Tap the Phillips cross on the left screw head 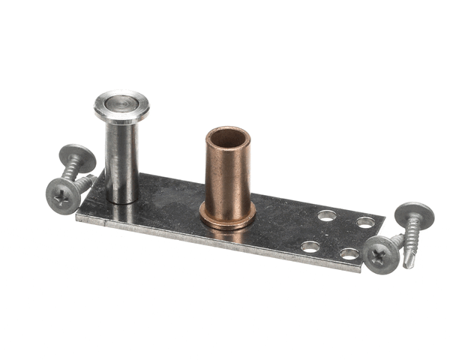coord(62,196)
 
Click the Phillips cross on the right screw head coord(381,255)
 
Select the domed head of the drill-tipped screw coord(414,214)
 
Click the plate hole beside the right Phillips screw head coord(350,253)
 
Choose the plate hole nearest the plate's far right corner coord(365,222)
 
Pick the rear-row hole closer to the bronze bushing coord(326,216)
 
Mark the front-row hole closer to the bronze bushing coord(309,246)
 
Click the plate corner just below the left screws coord(78,218)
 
